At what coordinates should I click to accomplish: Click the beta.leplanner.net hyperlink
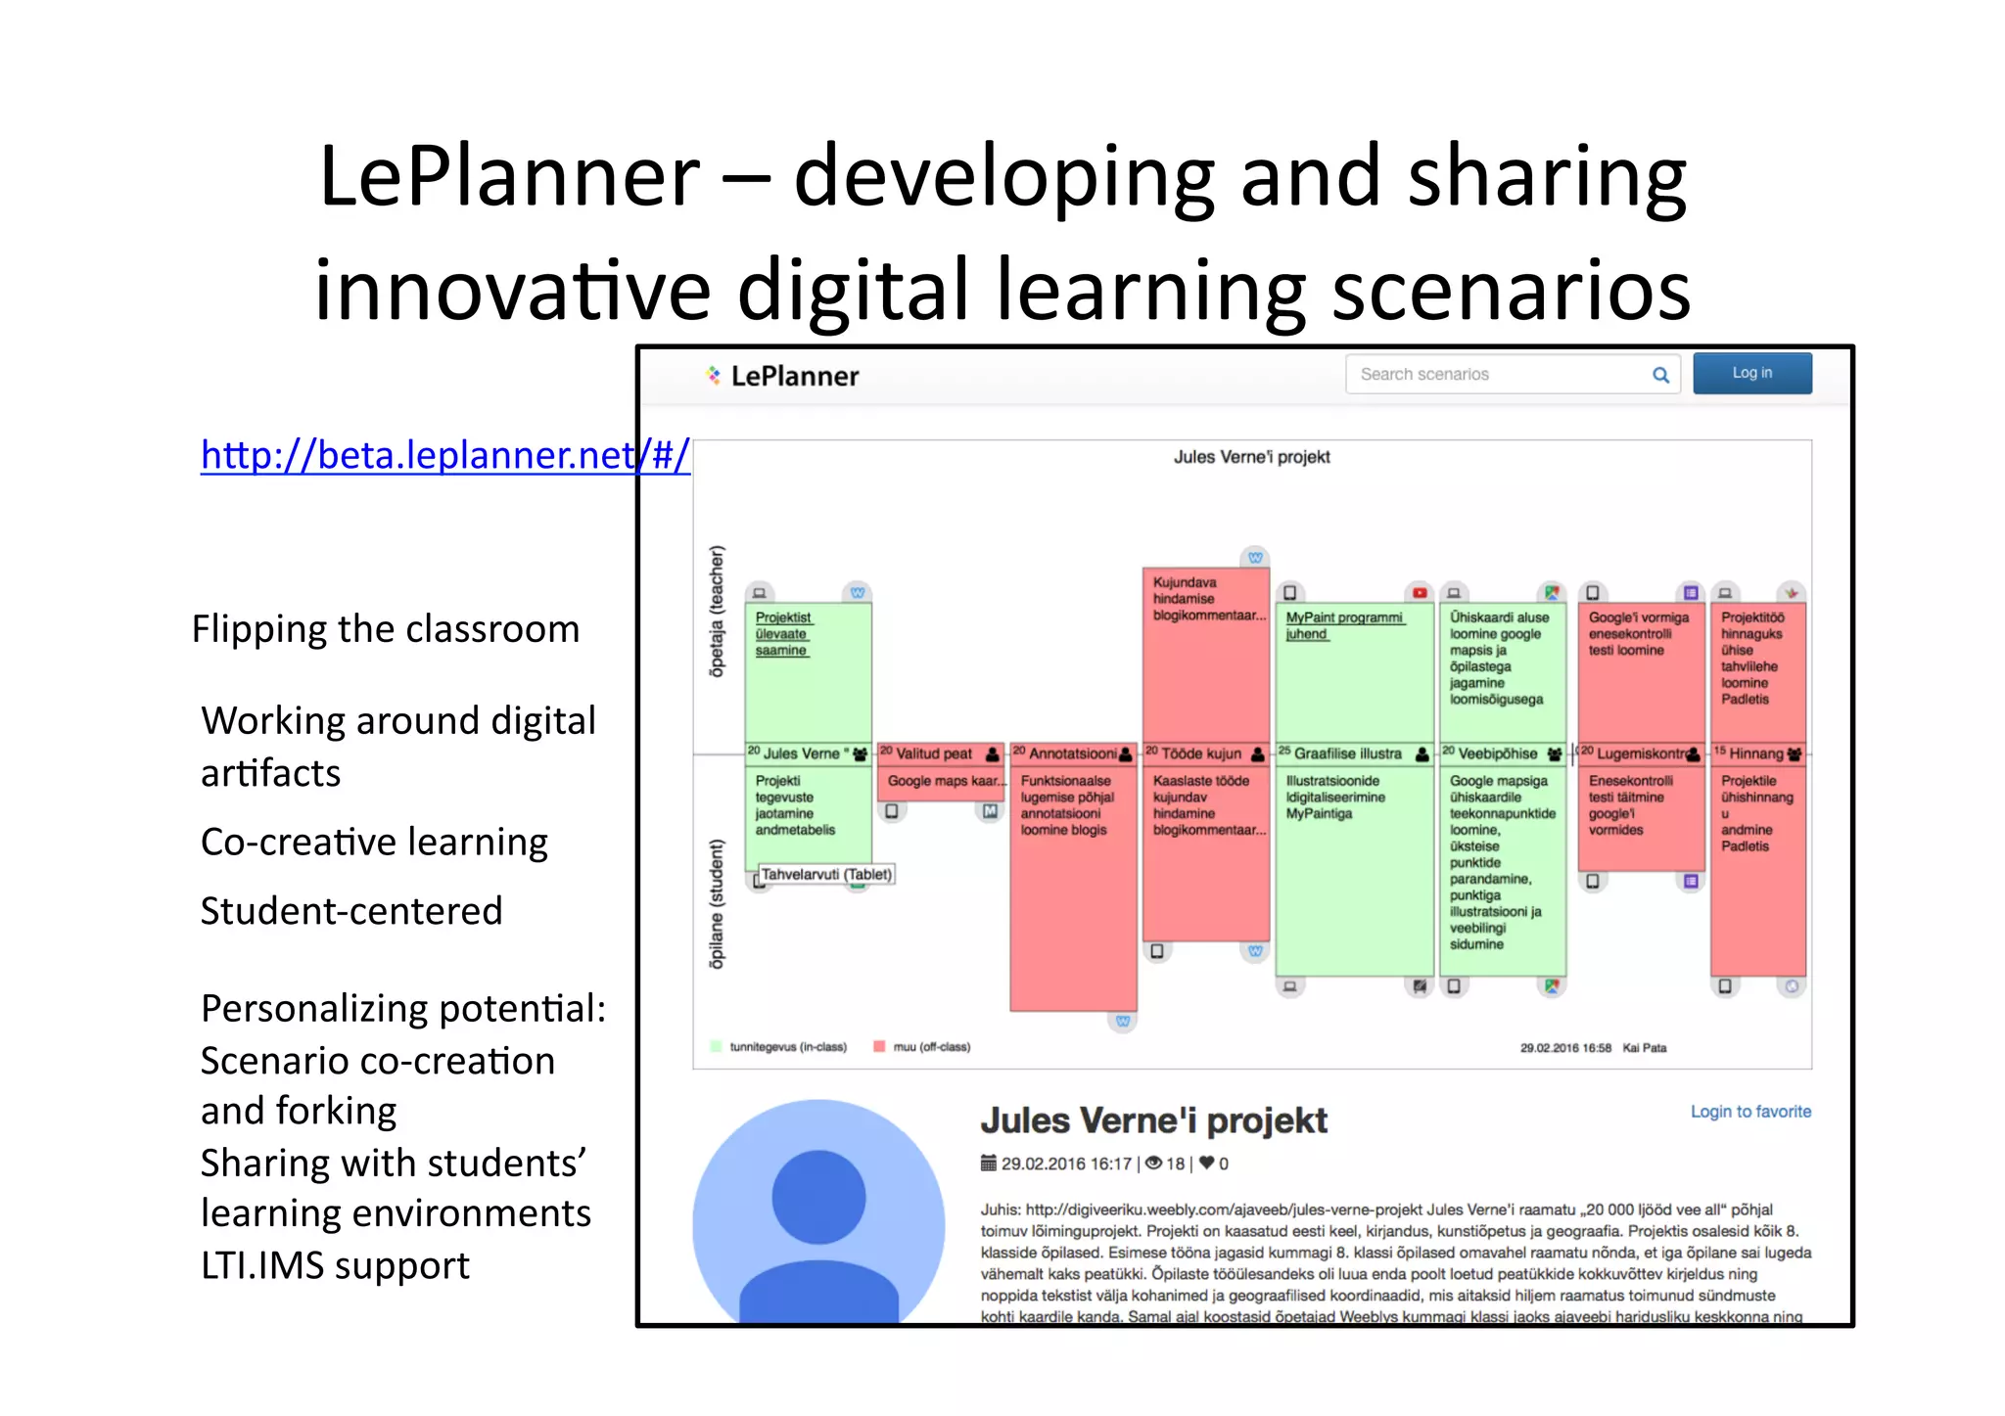[444, 455]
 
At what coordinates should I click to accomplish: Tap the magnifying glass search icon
[1660, 374]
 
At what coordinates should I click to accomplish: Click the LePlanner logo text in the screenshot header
[794, 376]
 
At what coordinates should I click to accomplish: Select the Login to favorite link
[1750, 1112]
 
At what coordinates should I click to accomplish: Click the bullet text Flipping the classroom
[386, 629]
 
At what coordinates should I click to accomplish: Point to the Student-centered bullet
[351, 911]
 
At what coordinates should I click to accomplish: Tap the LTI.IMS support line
[335, 1266]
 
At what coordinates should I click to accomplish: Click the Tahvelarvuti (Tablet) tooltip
[826, 874]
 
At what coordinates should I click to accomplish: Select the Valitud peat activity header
[934, 754]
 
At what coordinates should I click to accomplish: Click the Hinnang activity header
[1756, 754]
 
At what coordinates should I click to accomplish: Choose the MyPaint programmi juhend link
[1343, 625]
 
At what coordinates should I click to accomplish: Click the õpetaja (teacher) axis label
[717, 611]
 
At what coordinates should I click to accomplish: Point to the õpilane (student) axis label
[717, 904]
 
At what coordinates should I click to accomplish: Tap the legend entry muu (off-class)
[930, 1047]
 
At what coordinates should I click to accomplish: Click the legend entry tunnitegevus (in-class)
[786, 1047]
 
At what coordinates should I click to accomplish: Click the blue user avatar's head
[818, 1196]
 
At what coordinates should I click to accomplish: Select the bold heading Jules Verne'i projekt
[1153, 1120]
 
